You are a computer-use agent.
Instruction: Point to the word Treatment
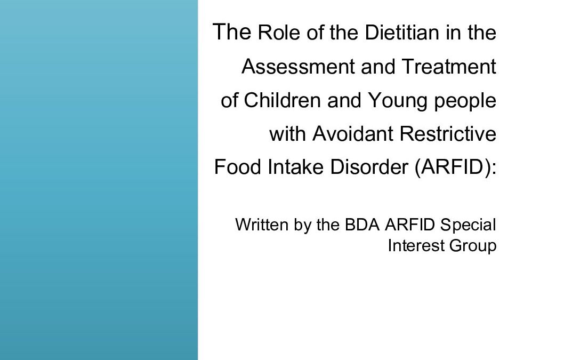pyautogui.click(x=449, y=67)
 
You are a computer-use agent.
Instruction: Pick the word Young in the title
pyautogui.click(x=385, y=101)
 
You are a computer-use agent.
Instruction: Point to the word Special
pyautogui.click(x=468, y=225)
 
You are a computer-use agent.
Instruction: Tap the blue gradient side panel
pyautogui.click(x=99, y=180)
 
